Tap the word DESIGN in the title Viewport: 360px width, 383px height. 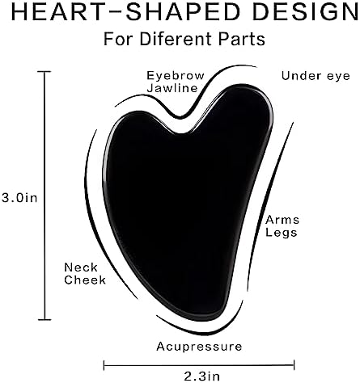point(306,12)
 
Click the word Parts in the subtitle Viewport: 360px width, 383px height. point(242,40)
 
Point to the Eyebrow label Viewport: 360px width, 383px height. point(176,76)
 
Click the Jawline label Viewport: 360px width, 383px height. point(172,88)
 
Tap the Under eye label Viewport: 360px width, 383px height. point(316,76)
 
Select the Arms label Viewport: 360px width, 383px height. point(282,220)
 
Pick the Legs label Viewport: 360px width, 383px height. point(282,233)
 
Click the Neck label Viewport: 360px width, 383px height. point(81,267)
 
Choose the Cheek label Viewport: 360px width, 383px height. point(85,280)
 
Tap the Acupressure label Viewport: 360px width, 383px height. point(199,347)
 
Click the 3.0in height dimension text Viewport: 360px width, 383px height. point(19,198)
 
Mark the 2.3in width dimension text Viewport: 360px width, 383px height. point(202,376)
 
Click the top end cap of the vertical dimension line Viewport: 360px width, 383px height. point(44,72)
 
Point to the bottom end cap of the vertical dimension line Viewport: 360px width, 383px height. point(44,320)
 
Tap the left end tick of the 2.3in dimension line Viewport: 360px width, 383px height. point(104,365)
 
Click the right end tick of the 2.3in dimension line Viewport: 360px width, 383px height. point(294,365)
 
